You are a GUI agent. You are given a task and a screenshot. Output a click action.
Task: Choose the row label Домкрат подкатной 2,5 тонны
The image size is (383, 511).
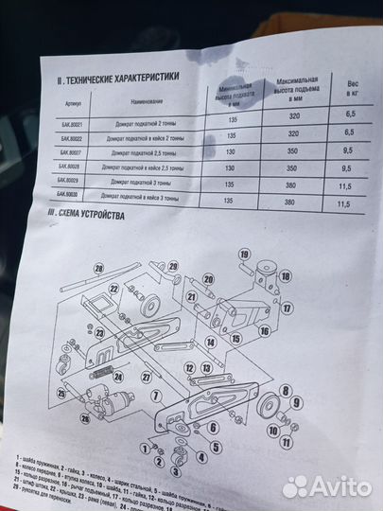pyautogui.click(x=144, y=152)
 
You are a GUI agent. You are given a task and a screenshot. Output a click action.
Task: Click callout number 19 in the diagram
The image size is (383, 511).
pyautogui.click(x=242, y=255)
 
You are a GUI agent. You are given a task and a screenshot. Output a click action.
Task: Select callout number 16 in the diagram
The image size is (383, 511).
pyautogui.click(x=264, y=331)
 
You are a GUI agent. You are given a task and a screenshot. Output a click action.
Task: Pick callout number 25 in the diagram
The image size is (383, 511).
pyautogui.click(x=61, y=394)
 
